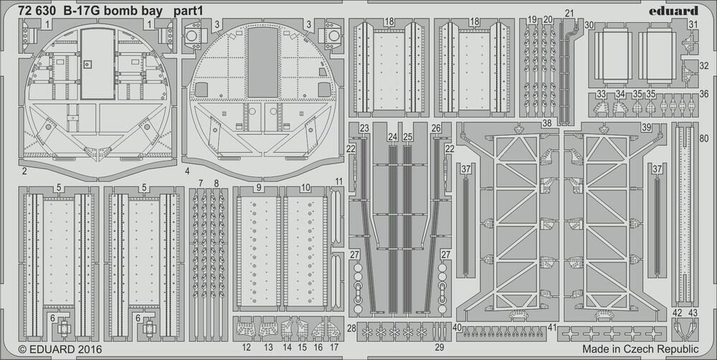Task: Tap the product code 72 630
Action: (x=31, y=11)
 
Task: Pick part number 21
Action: (x=569, y=13)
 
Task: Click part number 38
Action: (x=546, y=124)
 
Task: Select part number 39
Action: (x=646, y=127)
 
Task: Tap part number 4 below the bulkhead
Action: (x=186, y=172)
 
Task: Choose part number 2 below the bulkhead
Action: (x=24, y=171)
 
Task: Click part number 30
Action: (x=589, y=24)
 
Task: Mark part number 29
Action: (x=440, y=347)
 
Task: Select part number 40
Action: (x=457, y=327)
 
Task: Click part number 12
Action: (x=247, y=347)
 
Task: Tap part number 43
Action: (x=693, y=313)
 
